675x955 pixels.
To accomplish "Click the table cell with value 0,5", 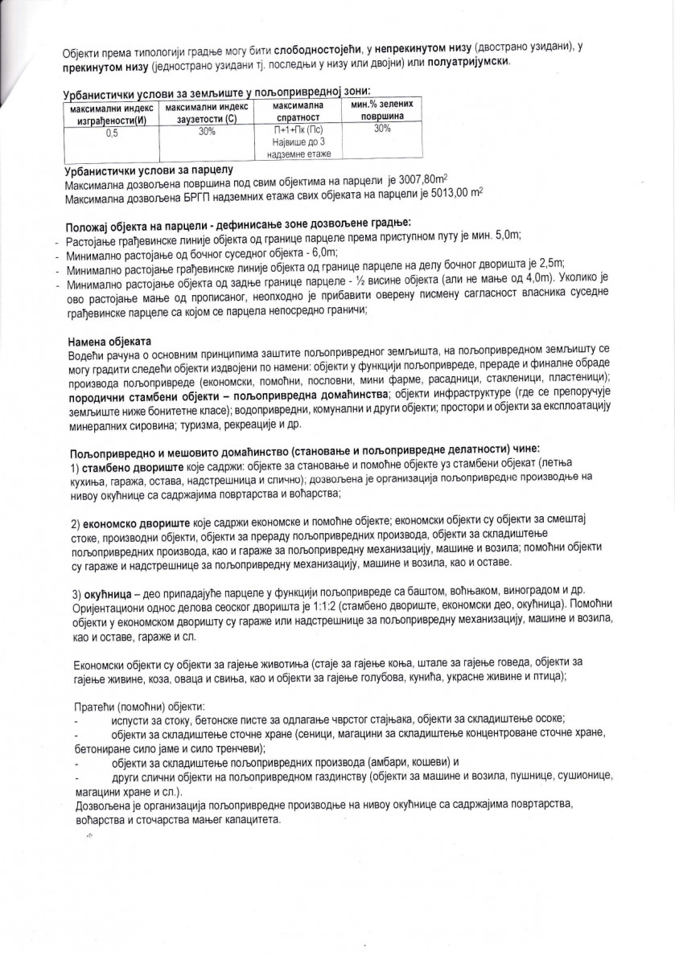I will (x=111, y=134).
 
